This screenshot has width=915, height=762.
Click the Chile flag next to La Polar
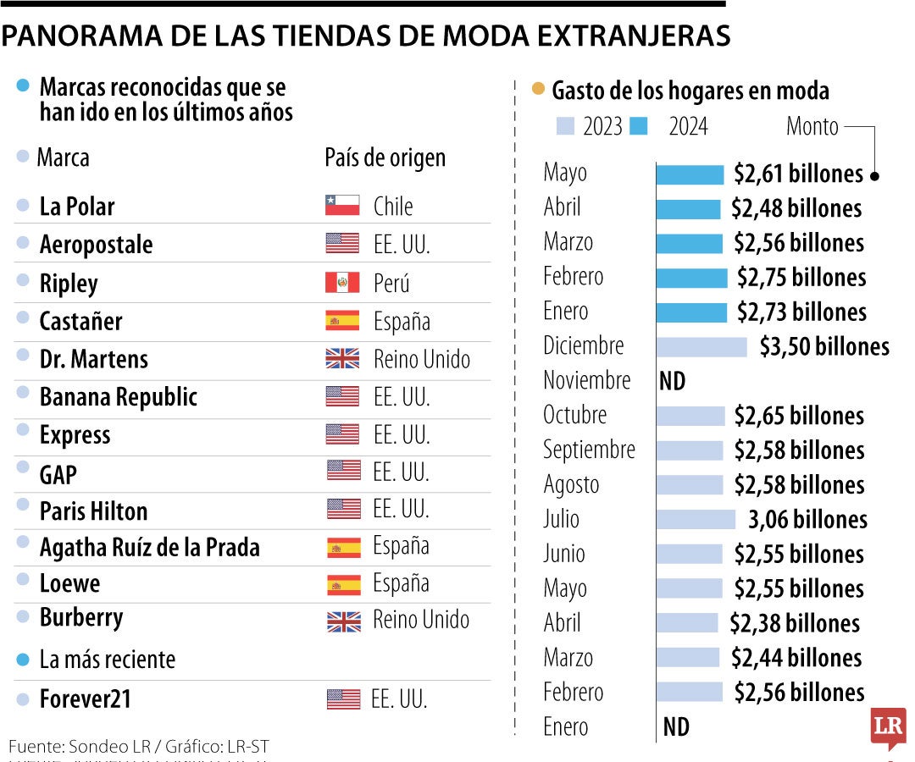[x=342, y=206]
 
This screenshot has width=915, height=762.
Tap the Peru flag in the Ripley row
[x=342, y=283]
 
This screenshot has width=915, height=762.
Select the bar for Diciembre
[x=701, y=346]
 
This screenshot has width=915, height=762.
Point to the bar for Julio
[x=696, y=519]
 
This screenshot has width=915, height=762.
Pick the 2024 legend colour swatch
[x=639, y=126]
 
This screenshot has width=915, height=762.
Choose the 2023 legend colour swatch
[x=565, y=126]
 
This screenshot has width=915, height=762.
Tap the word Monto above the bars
[x=812, y=126]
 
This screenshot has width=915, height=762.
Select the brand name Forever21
[x=86, y=699]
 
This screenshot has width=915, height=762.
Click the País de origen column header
[x=385, y=157]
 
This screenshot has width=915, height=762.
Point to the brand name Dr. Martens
[x=94, y=359]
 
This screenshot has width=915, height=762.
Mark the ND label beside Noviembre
[x=672, y=381]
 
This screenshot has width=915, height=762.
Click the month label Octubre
[x=575, y=415]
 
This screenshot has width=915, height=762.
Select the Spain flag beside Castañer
[x=342, y=321]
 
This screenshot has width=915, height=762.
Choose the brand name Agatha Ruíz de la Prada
[x=149, y=547]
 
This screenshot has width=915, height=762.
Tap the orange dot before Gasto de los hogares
[x=537, y=89]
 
